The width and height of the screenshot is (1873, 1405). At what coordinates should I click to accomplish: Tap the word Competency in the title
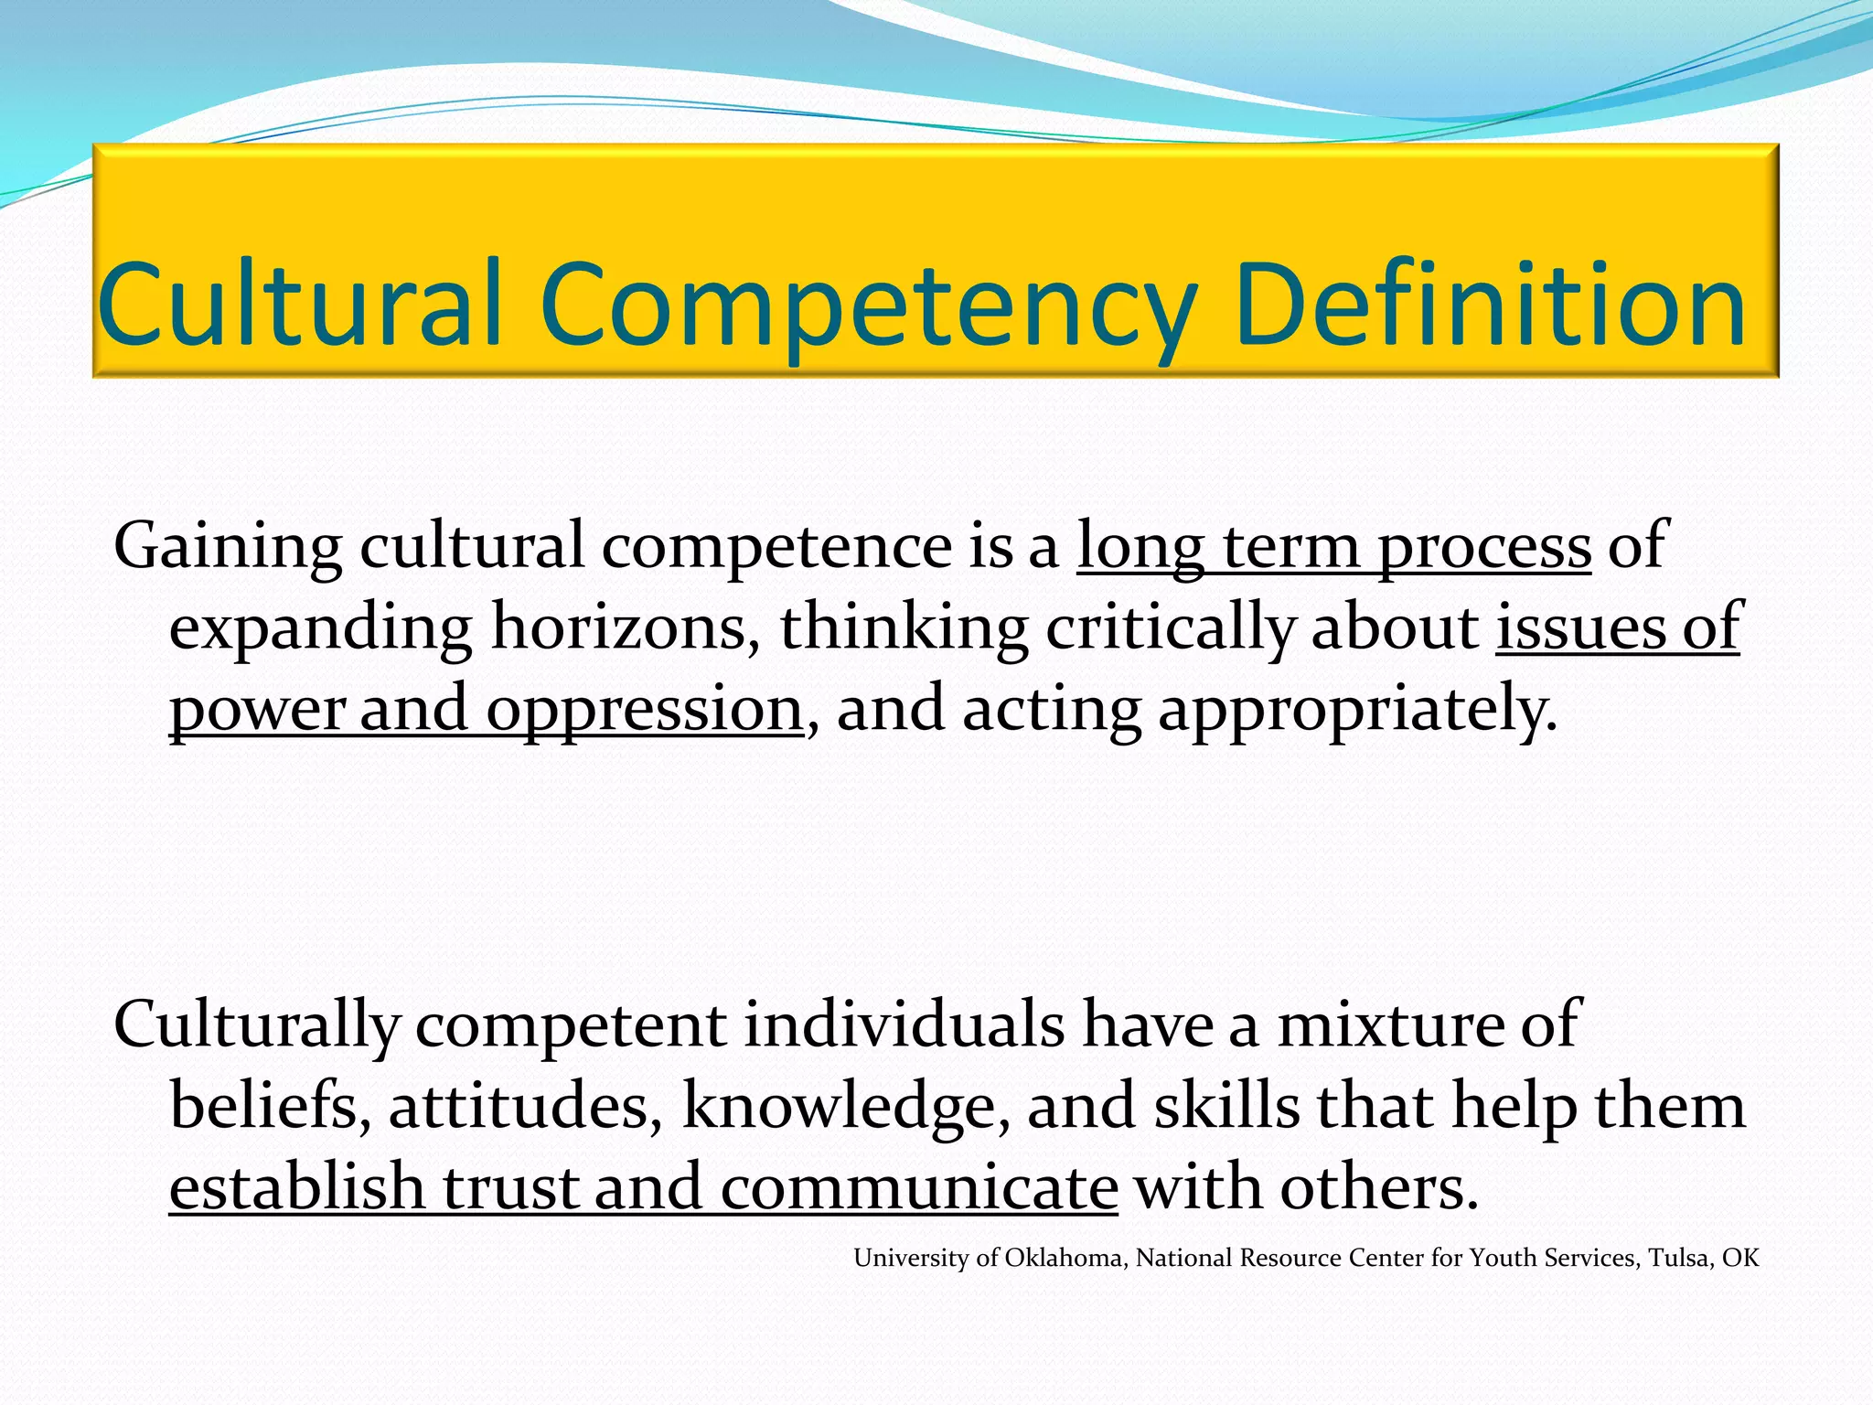click(x=867, y=306)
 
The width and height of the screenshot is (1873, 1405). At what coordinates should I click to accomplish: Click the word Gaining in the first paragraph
click(x=227, y=547)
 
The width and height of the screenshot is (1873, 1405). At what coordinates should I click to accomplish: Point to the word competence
click(x=776, y=547)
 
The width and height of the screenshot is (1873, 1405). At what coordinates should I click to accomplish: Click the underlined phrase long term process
click(x=1333, y=547)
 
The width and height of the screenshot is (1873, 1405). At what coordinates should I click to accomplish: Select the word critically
click(x=1171, y=628)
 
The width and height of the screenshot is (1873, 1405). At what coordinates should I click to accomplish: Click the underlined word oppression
click(x=644, y=710)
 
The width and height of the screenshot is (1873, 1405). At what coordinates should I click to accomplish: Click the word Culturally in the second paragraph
click(x=257, y=1025)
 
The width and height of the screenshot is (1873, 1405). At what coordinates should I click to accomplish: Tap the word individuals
click(x=904, y=1024)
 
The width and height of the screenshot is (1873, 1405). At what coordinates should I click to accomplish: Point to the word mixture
click(x=1390, y=1024)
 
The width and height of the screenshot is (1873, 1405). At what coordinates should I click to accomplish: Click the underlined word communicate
click(x=918, y=1187)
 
